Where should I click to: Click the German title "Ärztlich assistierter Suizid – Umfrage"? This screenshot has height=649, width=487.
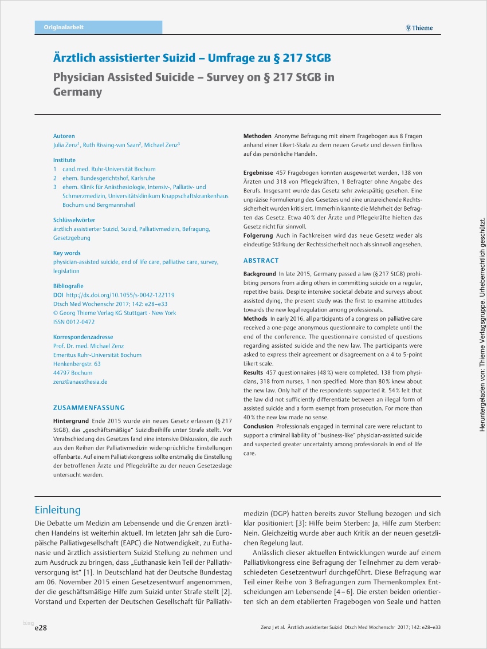[192, 59]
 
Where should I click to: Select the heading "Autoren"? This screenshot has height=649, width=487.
[64, 136]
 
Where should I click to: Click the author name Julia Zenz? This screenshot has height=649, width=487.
[65, 145]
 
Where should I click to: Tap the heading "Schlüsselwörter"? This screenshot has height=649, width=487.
[74, 220]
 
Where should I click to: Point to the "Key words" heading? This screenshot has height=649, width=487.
[67, 253]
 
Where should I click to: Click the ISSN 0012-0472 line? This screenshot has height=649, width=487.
[74, 322]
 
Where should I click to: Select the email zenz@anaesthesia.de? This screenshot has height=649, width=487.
[80, 381]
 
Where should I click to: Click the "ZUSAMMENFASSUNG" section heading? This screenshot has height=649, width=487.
[89, 408]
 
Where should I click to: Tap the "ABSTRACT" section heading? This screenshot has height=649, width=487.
[261, 261]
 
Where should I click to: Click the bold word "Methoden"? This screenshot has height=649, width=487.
[257, 136]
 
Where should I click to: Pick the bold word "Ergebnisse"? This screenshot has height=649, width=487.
[258, 172]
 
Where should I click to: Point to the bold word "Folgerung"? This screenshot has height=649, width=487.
[258, 235]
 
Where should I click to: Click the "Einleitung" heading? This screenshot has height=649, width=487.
[58, 510]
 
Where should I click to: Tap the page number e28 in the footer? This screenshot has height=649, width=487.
[41, 628]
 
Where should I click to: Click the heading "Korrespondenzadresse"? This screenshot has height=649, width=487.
[83, 337]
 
